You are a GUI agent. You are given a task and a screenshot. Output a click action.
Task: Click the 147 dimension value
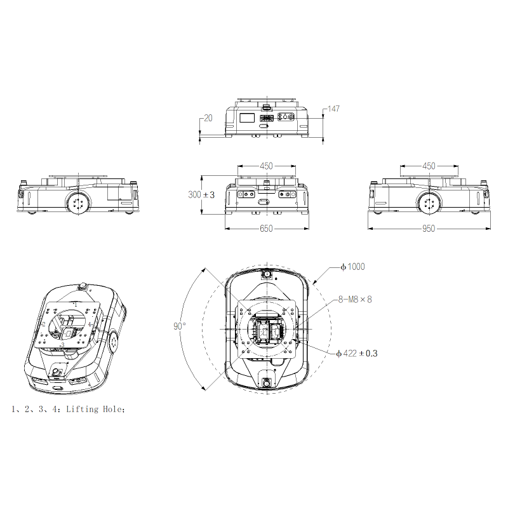(334, 109)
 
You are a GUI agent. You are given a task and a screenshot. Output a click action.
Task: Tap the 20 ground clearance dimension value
(208, 118)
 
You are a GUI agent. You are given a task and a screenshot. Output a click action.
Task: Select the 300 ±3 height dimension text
(201, 195)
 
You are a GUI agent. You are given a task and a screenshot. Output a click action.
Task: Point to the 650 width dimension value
(266, 229)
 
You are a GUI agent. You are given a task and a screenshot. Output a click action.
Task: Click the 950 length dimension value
(429, 229)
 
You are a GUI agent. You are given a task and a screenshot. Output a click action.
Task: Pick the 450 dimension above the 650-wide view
(266, 166)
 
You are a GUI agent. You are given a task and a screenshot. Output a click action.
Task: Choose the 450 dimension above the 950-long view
(429, 166)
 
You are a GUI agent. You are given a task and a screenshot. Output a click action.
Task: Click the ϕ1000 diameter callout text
(352, 267)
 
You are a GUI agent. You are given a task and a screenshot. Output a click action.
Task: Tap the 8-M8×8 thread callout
(355, 299)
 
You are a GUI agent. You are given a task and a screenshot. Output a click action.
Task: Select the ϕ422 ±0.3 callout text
(357, 354)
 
